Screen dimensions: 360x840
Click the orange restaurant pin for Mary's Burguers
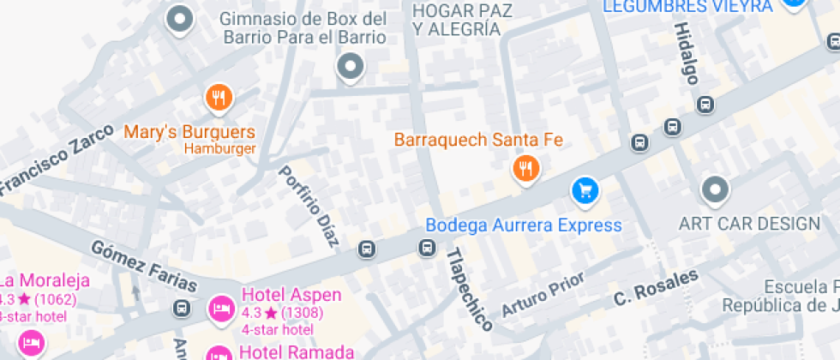[219, 98]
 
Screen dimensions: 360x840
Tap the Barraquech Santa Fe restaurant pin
[525, 169]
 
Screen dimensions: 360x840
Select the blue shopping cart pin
[585, 189]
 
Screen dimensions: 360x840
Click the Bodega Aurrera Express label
[523, 225]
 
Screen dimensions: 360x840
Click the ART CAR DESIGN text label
[749, 224]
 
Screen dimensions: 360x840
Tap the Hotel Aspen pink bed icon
[220, 308]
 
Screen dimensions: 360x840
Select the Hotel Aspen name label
[291, 295]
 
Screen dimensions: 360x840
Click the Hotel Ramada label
[296, 351]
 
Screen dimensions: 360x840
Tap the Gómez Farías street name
[144, 267]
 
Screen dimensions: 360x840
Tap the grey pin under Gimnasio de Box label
[350, 66]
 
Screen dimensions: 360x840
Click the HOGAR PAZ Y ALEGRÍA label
[455, 20]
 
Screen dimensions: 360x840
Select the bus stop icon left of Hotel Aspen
[181, 308]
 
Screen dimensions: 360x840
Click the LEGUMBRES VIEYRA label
[688, 7]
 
